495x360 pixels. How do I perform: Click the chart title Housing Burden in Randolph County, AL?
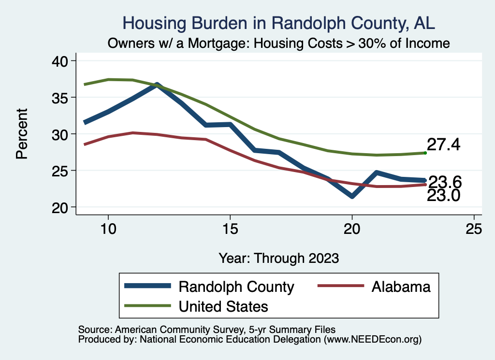[279, 23]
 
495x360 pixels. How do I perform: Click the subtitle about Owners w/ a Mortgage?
[279, 43]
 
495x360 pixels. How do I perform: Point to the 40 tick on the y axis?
[62, 61]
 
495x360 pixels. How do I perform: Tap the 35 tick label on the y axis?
[62, 98]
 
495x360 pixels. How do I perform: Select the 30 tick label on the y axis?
[62, 134]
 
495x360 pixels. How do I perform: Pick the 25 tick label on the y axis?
[62, 171]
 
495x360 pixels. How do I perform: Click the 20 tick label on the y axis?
[62, 207]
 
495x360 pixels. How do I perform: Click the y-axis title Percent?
[22, 134]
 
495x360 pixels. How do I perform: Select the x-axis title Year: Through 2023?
[279, 258]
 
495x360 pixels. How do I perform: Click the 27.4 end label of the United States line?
[443, 144]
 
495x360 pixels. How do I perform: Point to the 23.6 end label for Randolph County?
[445, 182]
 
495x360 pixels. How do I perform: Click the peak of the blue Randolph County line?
[157, 85]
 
